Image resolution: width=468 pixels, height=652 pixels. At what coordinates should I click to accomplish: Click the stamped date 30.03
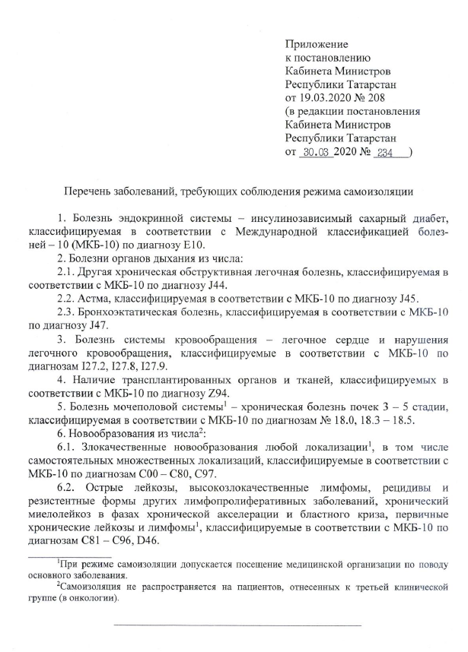click(314, 152)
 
